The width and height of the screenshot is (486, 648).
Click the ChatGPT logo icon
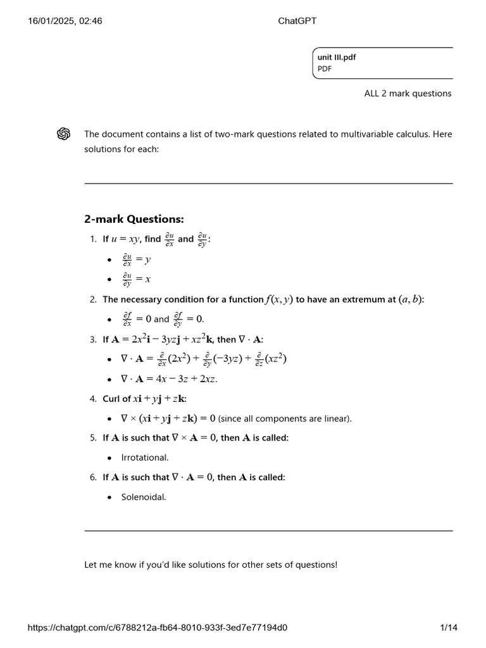(x=63, y=134)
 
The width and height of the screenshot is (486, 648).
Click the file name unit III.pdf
(x=337, y=57)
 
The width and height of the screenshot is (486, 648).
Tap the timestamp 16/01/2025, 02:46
(x=65, y=21)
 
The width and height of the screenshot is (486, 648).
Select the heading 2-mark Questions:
(x=134, y=219)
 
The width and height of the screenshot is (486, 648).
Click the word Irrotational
(x=145, y=458)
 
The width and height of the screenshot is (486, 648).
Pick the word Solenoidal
(x=144, y=497)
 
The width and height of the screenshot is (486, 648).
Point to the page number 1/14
(x=448, y=627)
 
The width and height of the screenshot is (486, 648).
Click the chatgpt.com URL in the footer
(x=158, y=627)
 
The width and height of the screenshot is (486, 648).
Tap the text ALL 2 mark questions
(x=408, y=94)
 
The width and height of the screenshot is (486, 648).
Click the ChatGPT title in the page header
(x=297, y=21)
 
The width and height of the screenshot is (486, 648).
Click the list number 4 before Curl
(x=93, y=399)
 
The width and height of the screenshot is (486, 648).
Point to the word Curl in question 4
(x=111, y=399)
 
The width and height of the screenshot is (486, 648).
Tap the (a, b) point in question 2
(x=410, y=299)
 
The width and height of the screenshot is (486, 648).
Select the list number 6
(x=93, y=477)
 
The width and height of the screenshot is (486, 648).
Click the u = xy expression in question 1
(x=125, y=239)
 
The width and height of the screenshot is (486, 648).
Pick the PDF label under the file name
(x=325, y=69)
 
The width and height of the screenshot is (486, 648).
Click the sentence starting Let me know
(x=211, y=564)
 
